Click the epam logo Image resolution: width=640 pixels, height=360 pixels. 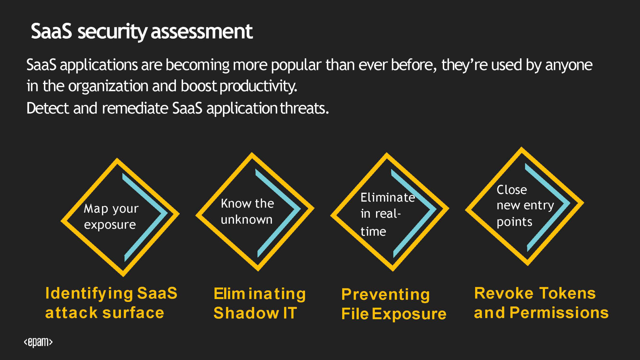click(x=38, y=342)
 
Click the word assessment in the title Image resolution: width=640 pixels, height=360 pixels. click(x=202, y=31)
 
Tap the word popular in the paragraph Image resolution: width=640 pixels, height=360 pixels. click(x=296, y=65)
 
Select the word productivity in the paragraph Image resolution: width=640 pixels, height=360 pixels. click(x=258, y=86)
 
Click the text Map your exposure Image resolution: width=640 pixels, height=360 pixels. click(x=111, y=216)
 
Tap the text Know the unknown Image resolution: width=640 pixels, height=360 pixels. click(x=247, y=211)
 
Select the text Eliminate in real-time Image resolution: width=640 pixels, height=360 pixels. click(x=388, y=214)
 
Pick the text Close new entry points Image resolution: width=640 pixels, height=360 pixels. click(x=525, y=205)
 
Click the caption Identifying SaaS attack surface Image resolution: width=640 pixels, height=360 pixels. click(x=111, y=303)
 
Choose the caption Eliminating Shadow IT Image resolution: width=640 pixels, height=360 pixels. click(x=260, y=303)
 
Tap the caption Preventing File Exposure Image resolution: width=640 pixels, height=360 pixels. click(x=394, y=304)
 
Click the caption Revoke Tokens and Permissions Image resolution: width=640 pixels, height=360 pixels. click(x=541, y=303)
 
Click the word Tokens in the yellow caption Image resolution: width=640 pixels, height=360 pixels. click(x=568, y=293)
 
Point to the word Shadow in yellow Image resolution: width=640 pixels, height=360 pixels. click(x=246, y=313)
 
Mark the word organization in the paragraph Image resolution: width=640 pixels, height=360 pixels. click(x=108, y=86)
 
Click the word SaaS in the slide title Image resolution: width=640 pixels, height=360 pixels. click(x=51, y=31)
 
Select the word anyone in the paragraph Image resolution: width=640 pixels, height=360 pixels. click(x=569, y=65)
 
